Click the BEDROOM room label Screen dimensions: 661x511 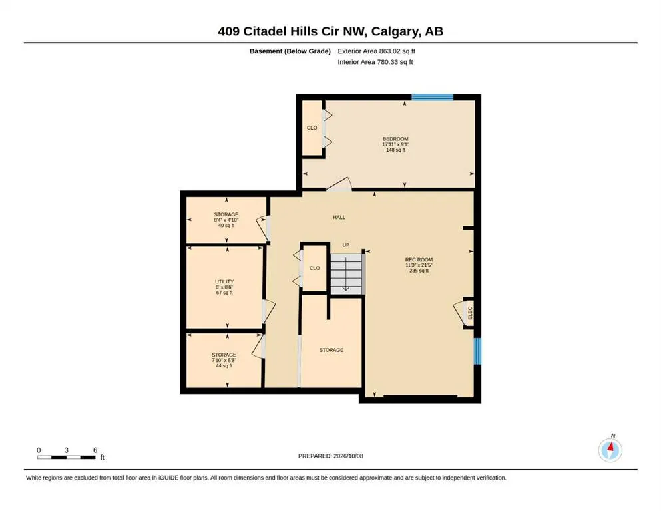point(395,139)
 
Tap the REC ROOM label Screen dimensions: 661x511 point(419,260)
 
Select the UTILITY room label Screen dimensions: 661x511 point(224,282)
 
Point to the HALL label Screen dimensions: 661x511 point(339,218)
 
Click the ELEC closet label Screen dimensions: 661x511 point(470,313)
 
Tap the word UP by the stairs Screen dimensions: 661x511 point(346,245)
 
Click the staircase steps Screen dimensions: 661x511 point(346,274)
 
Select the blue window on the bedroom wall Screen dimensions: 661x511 point(433,98)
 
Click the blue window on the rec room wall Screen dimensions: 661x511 point(477,351)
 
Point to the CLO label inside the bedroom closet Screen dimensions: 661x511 point(312,128)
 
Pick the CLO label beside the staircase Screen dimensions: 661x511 point(314,268)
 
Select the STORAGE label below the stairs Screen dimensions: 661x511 point(331,350)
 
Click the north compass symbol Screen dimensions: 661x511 point(610,450)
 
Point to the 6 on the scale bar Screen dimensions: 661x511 point(95,450)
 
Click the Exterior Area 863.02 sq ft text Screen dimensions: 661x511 point(377,51)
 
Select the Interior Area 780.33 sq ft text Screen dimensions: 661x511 point(375,62)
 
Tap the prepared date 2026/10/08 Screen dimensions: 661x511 point(348,456)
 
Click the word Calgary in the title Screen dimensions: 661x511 point(395,31)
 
